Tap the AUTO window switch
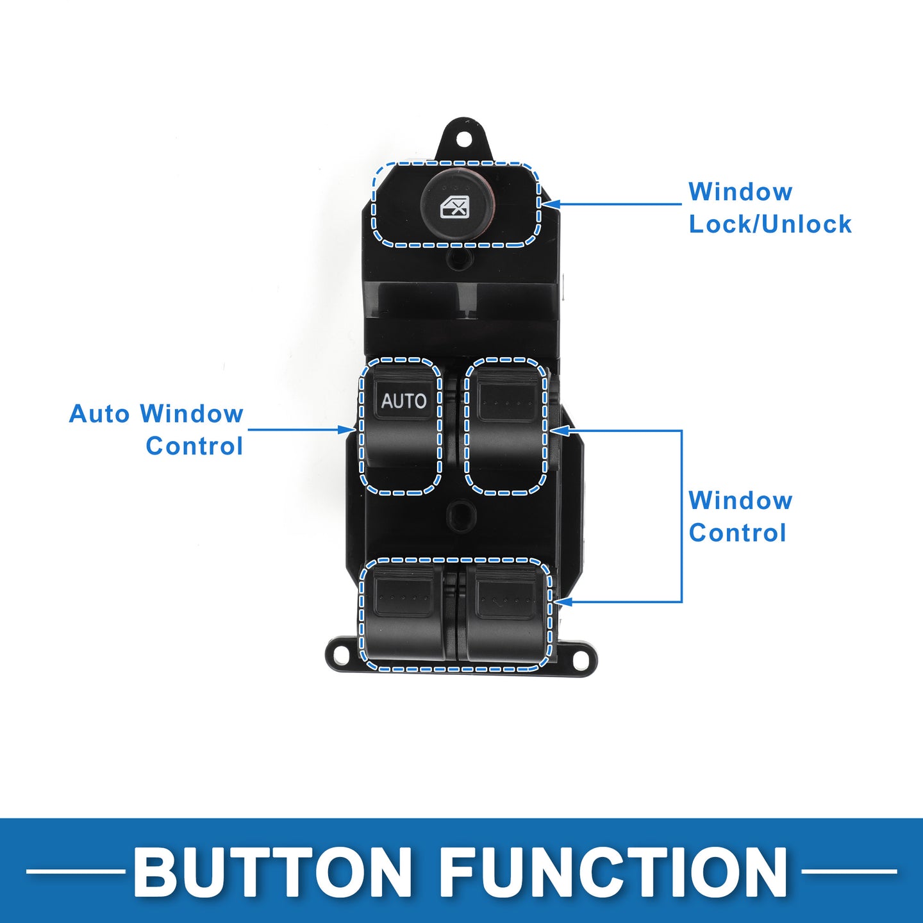(x=401, y=426)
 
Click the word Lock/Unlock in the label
(x=770, y=224)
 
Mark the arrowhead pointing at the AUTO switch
(x=347, y=429)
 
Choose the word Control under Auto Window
(x=194, y=446)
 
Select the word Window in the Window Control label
(x=740, y=501)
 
